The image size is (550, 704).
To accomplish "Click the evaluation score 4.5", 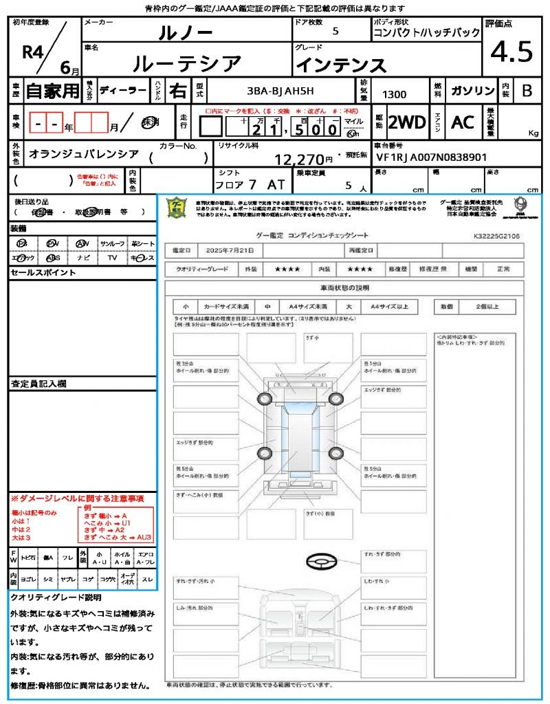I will tap(512, 52).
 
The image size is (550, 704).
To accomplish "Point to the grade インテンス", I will tap(341, 65).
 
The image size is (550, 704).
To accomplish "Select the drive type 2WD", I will tap(406, 122).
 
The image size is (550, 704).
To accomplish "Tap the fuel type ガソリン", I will tap(471, 91).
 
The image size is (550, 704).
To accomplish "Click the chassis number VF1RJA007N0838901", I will tap(432, 157).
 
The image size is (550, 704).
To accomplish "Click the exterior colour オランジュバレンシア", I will tap(84, 155).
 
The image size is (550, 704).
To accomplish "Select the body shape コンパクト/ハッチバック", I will tap(426, 33).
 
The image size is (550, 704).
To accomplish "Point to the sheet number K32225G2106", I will tap(496, 235).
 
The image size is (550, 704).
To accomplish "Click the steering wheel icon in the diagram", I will tap(322, 561).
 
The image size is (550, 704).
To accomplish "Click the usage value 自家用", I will tap(52, 90).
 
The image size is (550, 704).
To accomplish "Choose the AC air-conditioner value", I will tap(463, 122).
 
